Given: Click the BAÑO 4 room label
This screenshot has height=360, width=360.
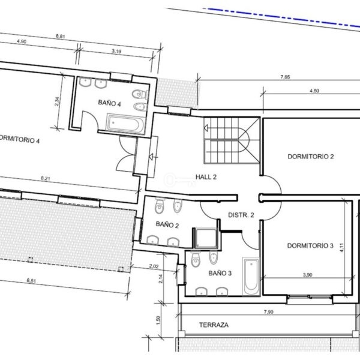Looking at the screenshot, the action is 110,103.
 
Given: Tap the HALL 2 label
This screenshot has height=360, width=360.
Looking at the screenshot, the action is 206,177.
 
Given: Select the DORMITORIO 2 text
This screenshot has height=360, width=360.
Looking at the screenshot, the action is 311,157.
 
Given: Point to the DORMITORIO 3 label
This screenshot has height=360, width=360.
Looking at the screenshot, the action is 310,245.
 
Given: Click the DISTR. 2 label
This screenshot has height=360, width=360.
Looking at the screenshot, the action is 241,215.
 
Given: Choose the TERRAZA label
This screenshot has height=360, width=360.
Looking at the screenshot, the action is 214,325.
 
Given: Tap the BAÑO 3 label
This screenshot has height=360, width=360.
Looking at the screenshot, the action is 220,273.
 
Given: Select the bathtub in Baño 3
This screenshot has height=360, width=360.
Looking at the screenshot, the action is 251,276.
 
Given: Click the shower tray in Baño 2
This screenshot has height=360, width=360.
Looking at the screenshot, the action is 205,238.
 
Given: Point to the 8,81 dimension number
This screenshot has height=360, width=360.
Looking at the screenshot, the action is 61,36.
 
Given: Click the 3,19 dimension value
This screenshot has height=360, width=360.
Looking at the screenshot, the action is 116,51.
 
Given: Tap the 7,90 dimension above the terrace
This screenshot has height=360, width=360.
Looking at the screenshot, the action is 269,312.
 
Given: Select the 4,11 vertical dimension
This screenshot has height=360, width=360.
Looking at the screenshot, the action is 341,247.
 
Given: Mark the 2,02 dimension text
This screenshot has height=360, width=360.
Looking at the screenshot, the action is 154,266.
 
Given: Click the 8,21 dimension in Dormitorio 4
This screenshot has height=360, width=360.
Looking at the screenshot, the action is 46,178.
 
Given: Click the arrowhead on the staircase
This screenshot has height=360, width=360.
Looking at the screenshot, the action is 206,128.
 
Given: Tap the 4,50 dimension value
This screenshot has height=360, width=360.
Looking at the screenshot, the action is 314,91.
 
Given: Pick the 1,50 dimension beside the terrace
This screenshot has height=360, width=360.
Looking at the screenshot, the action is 158,320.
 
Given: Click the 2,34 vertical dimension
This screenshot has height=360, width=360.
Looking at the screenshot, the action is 57,101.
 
